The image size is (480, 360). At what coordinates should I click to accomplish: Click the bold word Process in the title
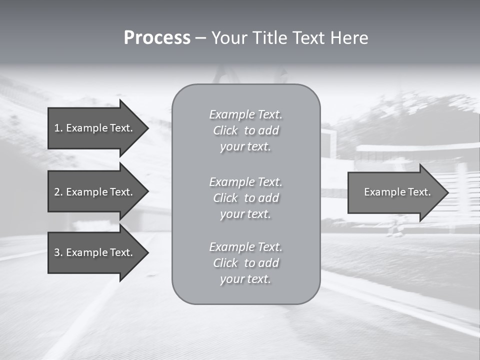[157, 38]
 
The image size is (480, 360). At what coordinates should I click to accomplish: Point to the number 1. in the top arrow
[58, 128]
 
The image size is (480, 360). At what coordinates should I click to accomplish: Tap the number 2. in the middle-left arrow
[58, 192]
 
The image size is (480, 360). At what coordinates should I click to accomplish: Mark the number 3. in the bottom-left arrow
[58, 252]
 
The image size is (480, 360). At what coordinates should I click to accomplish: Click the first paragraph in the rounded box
[245, 130]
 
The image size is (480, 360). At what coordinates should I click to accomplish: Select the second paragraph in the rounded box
[245, 198]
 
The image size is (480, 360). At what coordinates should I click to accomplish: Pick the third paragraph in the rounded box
[245, 263]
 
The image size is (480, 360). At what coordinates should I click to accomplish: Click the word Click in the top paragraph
[225, 131]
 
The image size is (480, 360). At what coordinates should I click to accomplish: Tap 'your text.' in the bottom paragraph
[245, 279]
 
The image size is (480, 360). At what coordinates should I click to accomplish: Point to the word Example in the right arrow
[383, 192]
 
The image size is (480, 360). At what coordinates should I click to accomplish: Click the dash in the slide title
[201, 38]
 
